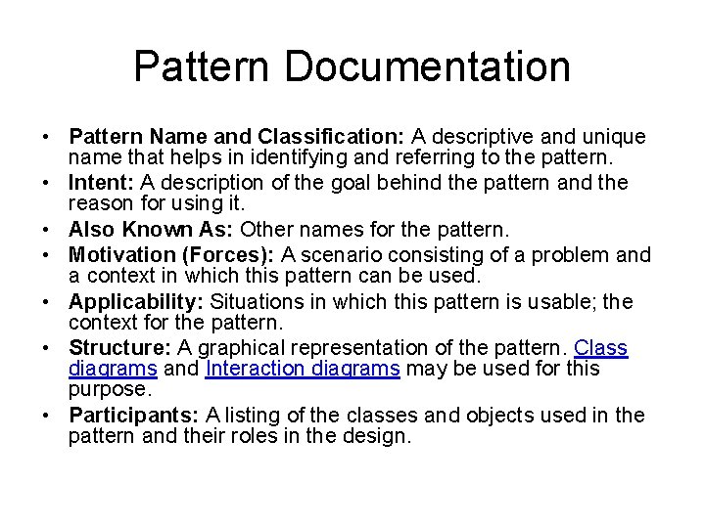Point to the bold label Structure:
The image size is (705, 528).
click(117, 347)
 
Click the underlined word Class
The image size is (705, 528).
click(601, 347)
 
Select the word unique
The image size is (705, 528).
click(619, 136)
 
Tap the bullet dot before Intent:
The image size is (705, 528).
click(46, 183)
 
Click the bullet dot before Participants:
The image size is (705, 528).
click(46, 416)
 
